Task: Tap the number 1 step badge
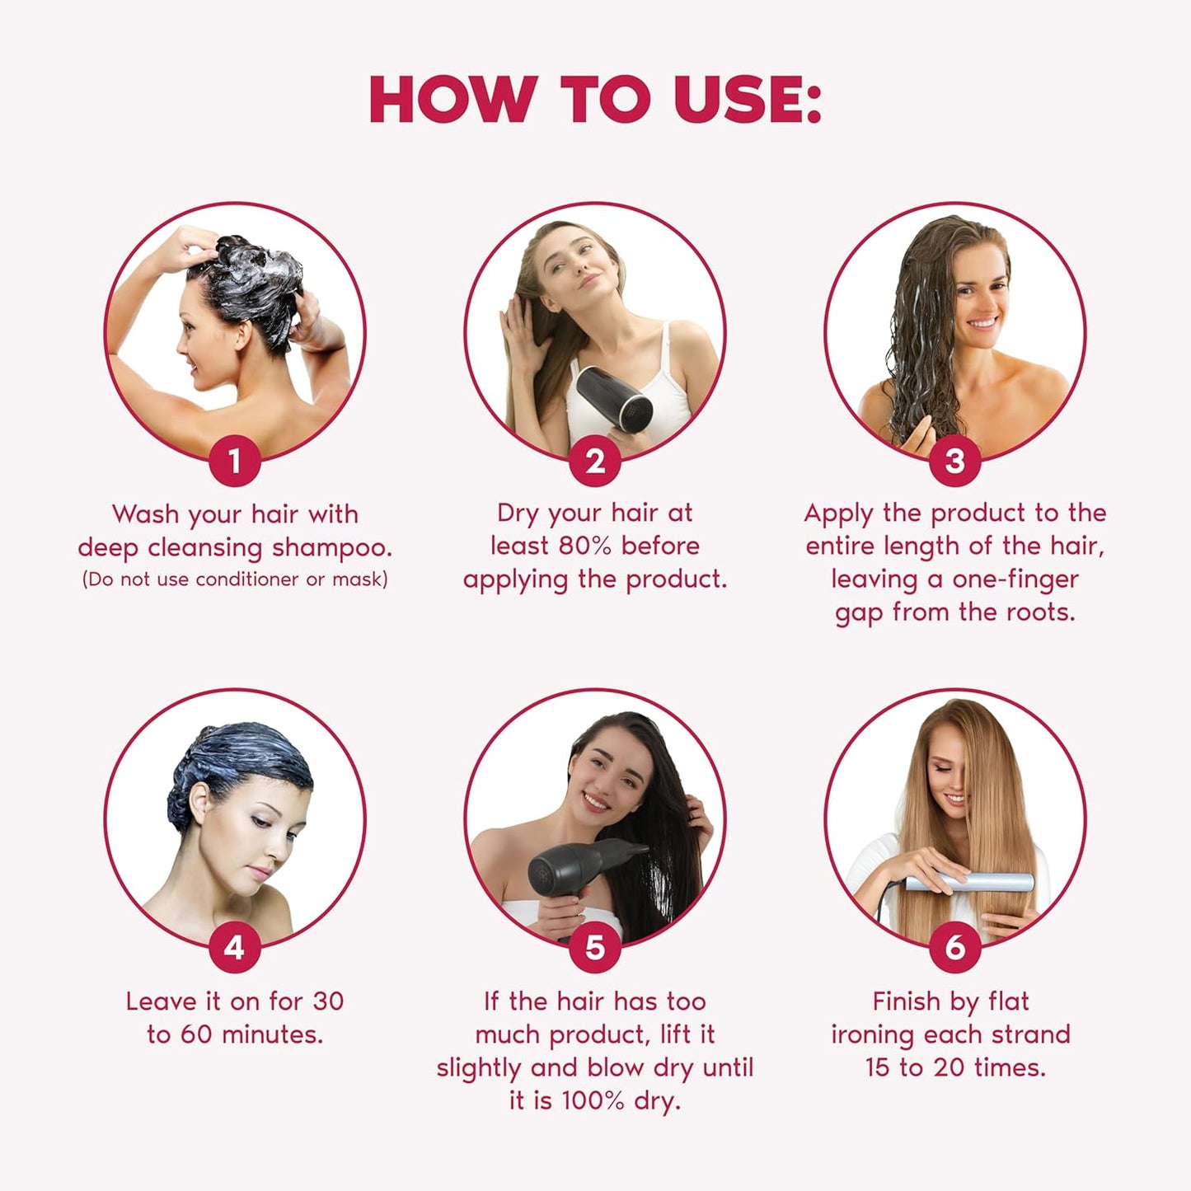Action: tap(235, 461)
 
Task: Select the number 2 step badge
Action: tap(595, 461)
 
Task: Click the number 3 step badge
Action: tap(954, 461)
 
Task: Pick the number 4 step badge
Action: tap(235, 948)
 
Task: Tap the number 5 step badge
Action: tap(595, 948)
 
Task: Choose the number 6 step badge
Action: tap(954, 948)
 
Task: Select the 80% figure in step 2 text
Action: tap(587, 546)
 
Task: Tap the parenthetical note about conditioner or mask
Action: tap(235, 579)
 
